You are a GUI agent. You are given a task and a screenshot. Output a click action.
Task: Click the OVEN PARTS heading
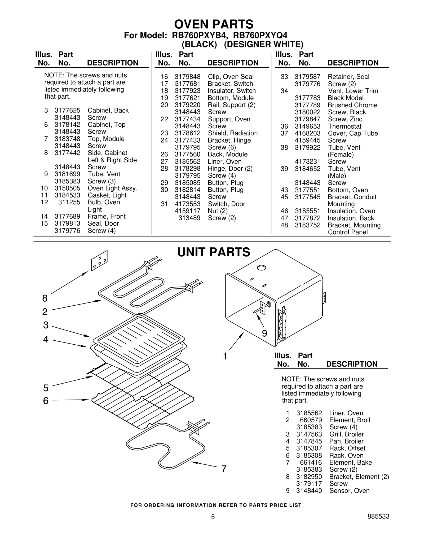tap(214, 24)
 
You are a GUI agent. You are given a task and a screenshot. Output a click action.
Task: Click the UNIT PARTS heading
tap(214, 252)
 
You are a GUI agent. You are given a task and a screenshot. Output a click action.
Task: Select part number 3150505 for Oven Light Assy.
tap(67, 188)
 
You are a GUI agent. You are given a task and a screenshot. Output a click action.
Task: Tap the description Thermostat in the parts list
tap(344, 126)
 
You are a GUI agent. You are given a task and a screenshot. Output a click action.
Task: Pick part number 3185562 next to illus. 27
tap(187, 161)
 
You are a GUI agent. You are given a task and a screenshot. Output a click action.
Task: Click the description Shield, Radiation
tap(232, 133)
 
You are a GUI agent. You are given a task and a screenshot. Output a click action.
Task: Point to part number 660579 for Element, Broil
tap(311, 420)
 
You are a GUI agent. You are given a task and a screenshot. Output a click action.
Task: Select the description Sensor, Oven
tap(349, 491)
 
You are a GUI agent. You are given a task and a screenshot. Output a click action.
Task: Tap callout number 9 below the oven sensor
tap(264, 333)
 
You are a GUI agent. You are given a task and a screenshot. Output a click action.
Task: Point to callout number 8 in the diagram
tap(45, 298)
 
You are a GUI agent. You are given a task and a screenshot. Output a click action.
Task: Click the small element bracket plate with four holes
tap(99, 260)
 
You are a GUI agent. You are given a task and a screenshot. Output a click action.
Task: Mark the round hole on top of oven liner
tap(261, 268)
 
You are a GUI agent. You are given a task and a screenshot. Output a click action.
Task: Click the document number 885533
tap(378, 516)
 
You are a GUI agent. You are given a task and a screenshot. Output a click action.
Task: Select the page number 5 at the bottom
tap(213, 517)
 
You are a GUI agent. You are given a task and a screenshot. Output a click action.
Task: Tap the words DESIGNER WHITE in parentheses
tap(263, 44)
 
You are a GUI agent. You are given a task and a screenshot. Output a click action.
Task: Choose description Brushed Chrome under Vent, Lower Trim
tap(352, 105)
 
